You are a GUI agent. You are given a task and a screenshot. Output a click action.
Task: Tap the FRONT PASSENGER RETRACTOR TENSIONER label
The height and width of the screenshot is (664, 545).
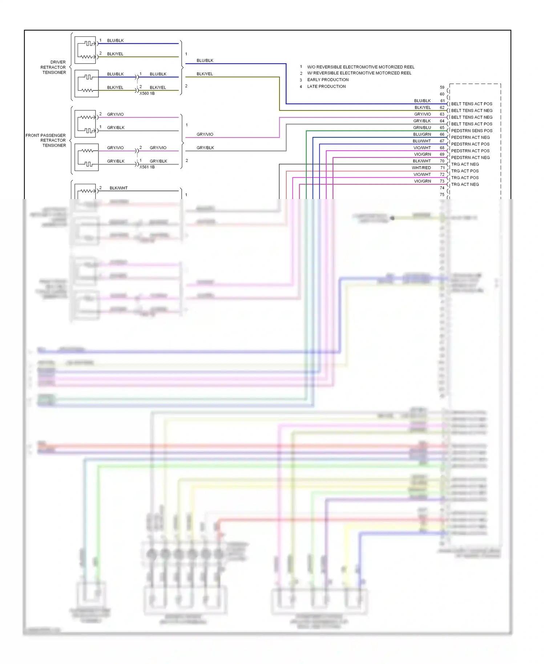pos(46,140)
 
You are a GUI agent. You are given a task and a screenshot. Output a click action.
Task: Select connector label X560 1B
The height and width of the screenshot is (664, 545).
pos(147,93)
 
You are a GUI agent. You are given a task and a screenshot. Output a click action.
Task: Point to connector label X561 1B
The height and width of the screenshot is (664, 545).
pos(147,167)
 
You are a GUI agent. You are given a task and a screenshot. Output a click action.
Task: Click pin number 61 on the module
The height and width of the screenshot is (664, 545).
pos(442,101)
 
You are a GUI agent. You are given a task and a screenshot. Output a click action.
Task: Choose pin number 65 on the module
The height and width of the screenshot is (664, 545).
pos(442,127)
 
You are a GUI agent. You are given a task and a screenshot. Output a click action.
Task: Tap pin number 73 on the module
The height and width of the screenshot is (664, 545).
pos(442,181)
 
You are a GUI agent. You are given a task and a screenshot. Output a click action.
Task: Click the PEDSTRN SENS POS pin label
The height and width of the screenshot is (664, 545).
pos(472,131)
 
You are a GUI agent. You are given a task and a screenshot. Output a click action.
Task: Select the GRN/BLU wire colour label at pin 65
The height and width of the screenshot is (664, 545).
pos(422,127)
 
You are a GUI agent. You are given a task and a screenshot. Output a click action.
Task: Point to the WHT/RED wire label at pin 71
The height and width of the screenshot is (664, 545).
pos(421,168)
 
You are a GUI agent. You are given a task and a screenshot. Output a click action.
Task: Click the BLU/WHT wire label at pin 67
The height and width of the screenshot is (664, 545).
pos(421,141)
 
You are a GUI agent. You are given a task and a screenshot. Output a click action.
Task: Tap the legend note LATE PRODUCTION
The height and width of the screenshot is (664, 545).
pos(326,86)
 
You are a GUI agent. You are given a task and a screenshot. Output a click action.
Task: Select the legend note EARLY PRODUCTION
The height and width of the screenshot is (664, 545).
pos(328,80)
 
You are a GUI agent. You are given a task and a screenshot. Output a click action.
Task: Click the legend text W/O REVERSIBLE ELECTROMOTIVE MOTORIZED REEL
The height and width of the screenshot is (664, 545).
pos(360,67)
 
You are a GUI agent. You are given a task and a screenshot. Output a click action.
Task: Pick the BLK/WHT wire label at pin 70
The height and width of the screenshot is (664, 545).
pos(421,161)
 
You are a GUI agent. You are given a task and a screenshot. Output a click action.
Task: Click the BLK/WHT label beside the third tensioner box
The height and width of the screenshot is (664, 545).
pos(118,188)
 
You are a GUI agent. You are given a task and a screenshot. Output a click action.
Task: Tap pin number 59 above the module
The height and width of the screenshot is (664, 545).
pos(442,88)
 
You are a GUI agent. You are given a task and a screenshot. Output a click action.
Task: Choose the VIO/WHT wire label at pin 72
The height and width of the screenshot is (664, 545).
pos(422,174)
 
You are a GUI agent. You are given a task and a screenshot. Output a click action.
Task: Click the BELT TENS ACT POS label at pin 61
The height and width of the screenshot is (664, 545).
pos(472,104)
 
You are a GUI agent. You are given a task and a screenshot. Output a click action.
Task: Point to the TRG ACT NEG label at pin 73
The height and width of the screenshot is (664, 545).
pos(465,185)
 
